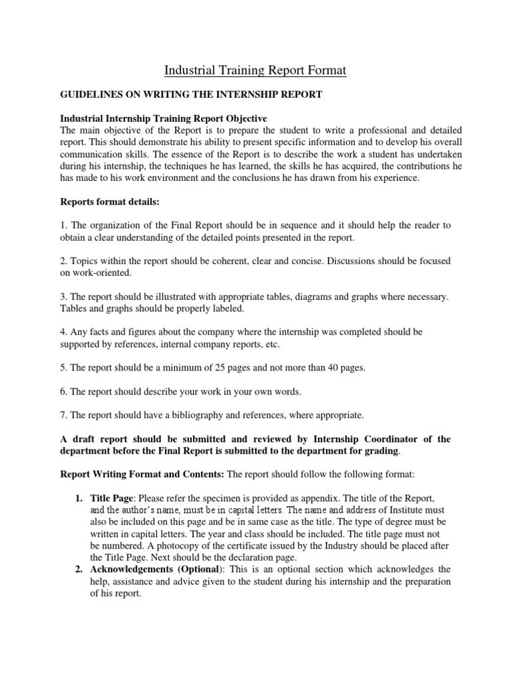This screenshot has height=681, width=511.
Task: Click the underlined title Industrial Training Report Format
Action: tap(255, 69)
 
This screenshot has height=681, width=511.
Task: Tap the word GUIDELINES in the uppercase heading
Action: tap(87, 95)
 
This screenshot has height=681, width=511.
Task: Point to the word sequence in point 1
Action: tap(299, 225)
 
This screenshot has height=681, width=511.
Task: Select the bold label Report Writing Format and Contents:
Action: tap(142, 475)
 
